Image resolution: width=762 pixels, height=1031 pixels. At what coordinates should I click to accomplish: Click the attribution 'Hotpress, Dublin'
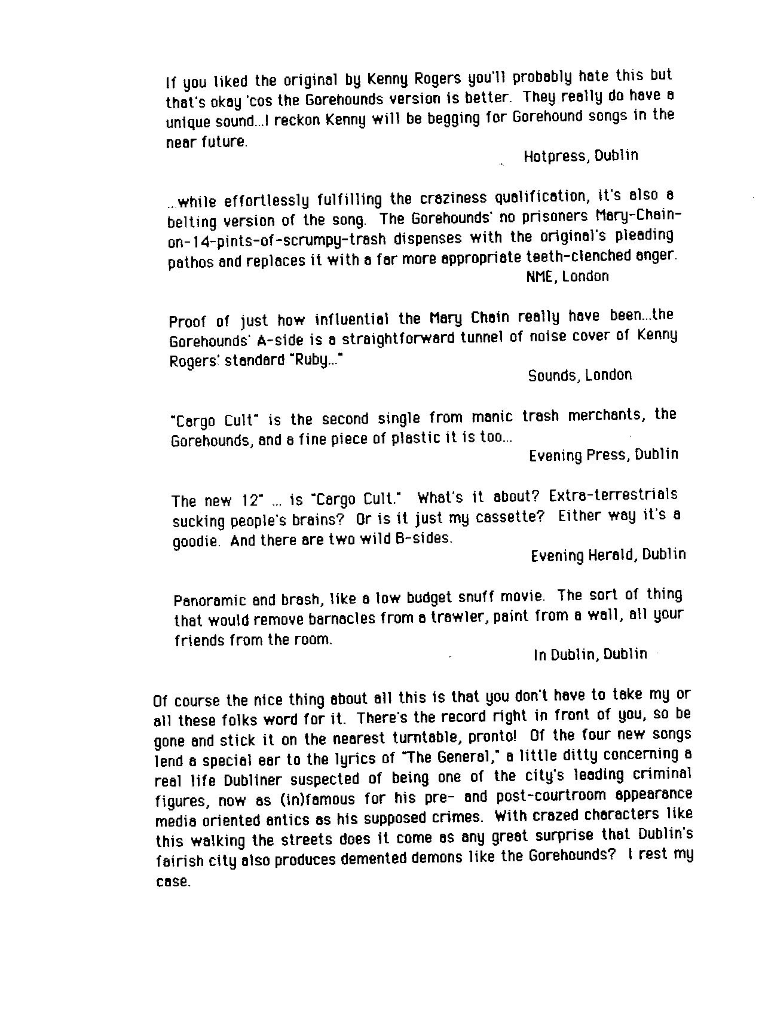pos(580,156)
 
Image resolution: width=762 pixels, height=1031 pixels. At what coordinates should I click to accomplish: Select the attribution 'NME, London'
pos(567,276)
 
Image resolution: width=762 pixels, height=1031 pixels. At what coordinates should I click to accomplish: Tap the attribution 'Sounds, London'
pos(579,375)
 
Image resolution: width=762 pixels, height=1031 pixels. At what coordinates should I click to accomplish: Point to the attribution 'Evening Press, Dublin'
pos(603,455)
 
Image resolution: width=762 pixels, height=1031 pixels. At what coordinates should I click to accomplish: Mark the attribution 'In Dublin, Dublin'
pos(590,654)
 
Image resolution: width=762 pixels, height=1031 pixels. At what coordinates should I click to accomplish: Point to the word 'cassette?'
pos(510,517)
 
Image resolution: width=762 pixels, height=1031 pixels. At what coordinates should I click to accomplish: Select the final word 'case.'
pos(173,882)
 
